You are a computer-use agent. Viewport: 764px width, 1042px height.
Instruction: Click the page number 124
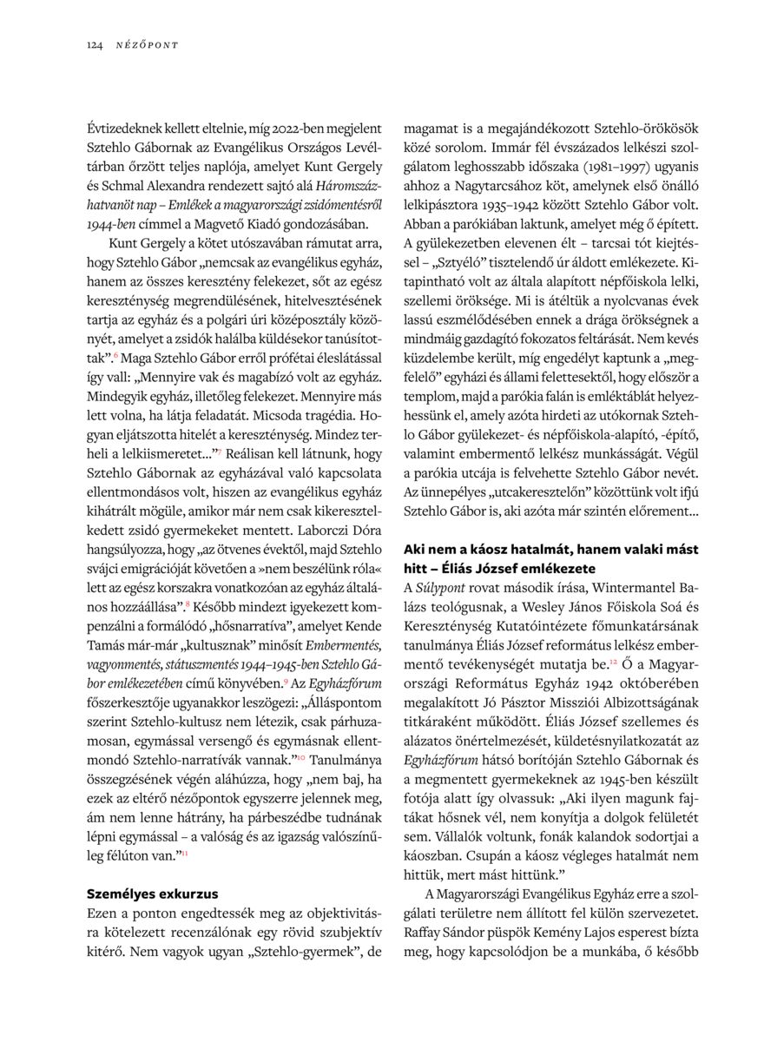tap(95, 44)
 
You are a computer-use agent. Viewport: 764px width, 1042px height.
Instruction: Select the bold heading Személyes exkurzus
tap(153, 893)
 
